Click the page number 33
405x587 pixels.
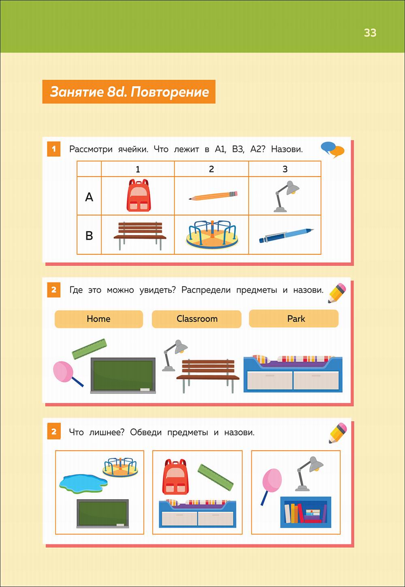pos(370,33)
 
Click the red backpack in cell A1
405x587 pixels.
pos(139,195)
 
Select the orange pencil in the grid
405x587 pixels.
pos(213,196)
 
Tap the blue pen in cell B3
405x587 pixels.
pos(286,236)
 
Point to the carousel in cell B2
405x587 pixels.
pos(212,234)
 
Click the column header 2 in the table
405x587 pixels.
pos(211,169)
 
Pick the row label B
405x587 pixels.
pos(89,236)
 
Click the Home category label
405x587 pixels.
pos(99,319)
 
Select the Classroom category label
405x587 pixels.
pos(196,319)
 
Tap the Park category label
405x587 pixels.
pos(294,319)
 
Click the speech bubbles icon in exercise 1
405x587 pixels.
pos(333,150)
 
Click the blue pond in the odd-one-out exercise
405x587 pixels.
pos(83,484)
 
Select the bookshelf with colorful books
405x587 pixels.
pos(305,512)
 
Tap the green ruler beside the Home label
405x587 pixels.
pos(90,349)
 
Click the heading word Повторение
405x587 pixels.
pos(170,92)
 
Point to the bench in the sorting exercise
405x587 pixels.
pos(208,376)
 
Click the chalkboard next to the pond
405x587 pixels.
pos(102,513)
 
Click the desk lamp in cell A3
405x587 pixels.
pos(286,196)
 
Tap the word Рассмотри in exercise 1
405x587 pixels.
pos(91,149)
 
